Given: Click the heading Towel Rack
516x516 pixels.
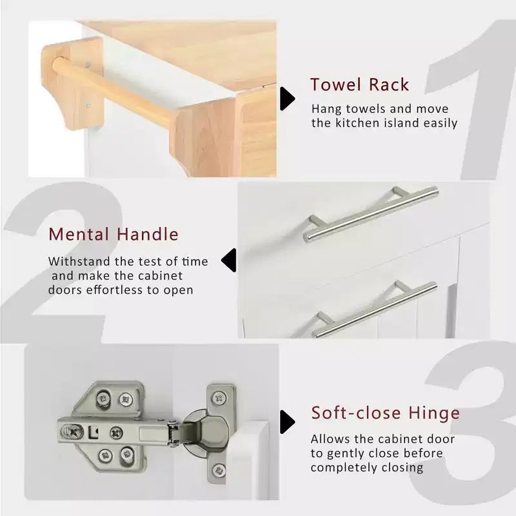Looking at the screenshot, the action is [x=360, y=84].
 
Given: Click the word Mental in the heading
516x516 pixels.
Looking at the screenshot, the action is [x=79, y=234].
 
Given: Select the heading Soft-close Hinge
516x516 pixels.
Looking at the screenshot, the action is [x=385, y=413].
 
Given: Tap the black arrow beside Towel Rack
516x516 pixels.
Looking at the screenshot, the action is [x=287, y=99].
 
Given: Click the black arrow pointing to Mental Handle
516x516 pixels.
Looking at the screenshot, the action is [x=229, y=261].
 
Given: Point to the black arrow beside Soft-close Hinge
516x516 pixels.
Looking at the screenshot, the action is [x=287, y=422].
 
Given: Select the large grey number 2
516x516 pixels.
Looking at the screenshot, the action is [x=59, y=260].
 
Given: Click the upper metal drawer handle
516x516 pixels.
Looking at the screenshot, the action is [x=371, y=214].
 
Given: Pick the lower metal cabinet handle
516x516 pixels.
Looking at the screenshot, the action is [x=375, y=309].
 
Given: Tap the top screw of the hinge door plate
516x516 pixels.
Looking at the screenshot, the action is [x=219, y=399].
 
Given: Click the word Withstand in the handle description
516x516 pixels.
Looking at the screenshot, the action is [x=79, y=262].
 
